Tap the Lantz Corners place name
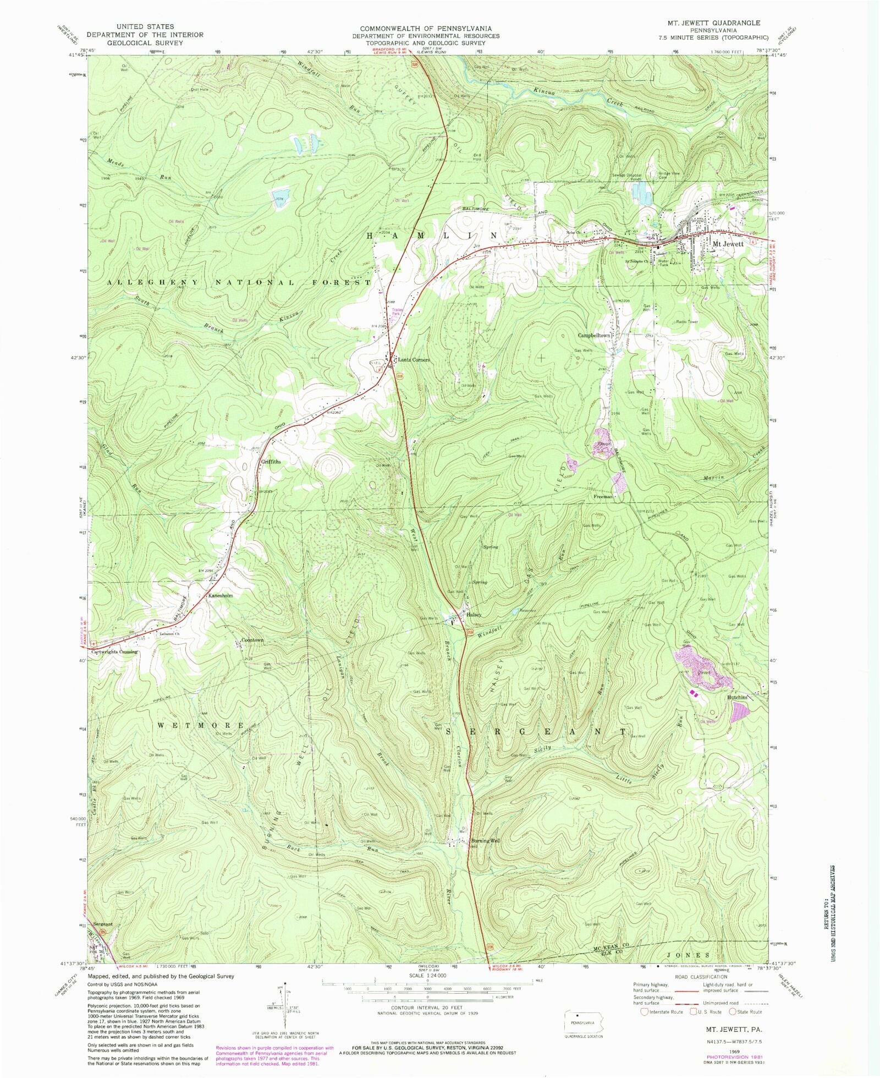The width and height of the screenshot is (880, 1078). pos(413,360)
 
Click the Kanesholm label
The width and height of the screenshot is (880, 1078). pos(220,595)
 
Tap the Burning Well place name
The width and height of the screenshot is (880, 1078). pos(486,841)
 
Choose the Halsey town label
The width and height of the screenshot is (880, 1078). pos(474,615)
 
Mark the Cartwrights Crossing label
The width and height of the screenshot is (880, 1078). pos(114,652)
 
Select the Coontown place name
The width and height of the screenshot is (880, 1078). pos(252,640)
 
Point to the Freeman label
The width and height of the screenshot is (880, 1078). pos(603,496)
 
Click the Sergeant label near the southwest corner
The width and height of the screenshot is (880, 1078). pos(103,924)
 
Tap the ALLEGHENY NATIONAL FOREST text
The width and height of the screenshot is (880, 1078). pos(239,282)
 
